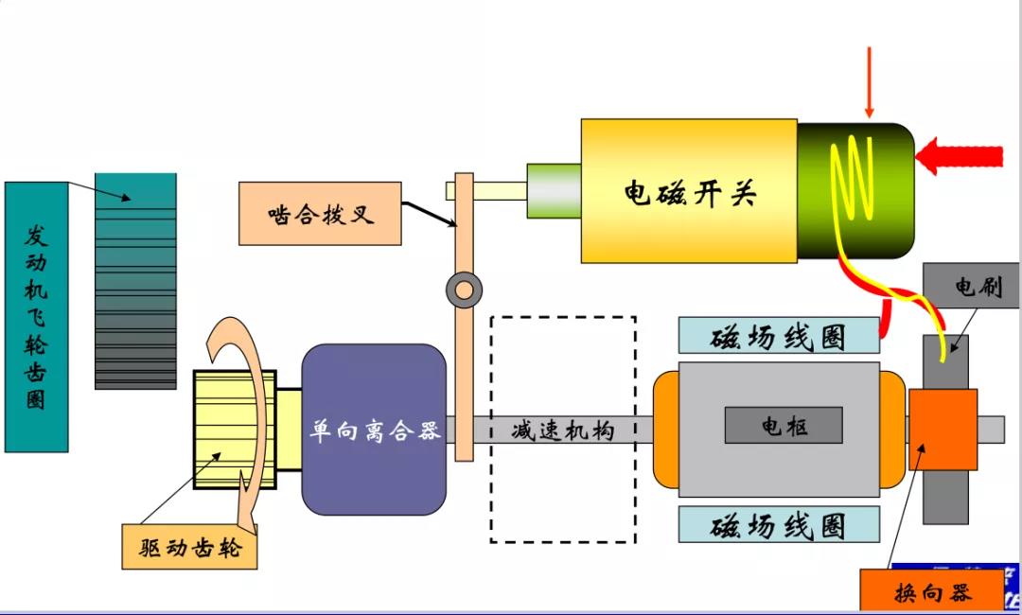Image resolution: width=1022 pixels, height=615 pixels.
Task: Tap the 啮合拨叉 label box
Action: [321, 213]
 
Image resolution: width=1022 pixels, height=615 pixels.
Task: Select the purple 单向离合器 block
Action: [374, 430]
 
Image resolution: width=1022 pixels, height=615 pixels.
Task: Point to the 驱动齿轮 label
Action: [189, 548]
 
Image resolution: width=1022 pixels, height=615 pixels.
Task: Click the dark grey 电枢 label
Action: [784, 426]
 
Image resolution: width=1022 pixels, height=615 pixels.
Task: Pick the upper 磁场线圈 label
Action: [779, 336]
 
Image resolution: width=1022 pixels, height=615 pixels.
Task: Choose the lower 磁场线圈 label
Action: [779, 524]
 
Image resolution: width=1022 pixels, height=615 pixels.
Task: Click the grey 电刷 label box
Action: [970, 286]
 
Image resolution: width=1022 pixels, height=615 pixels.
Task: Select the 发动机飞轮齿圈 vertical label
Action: [36, 316]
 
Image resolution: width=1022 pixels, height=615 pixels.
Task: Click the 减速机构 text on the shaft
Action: [562, 431]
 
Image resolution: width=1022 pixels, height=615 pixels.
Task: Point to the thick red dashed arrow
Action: [960, 154]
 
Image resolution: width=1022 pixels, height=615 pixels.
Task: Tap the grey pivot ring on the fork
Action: [464, 290]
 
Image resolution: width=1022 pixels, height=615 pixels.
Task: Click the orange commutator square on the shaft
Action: [943, 429]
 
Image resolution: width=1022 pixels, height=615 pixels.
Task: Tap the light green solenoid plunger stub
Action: [554, 191]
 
